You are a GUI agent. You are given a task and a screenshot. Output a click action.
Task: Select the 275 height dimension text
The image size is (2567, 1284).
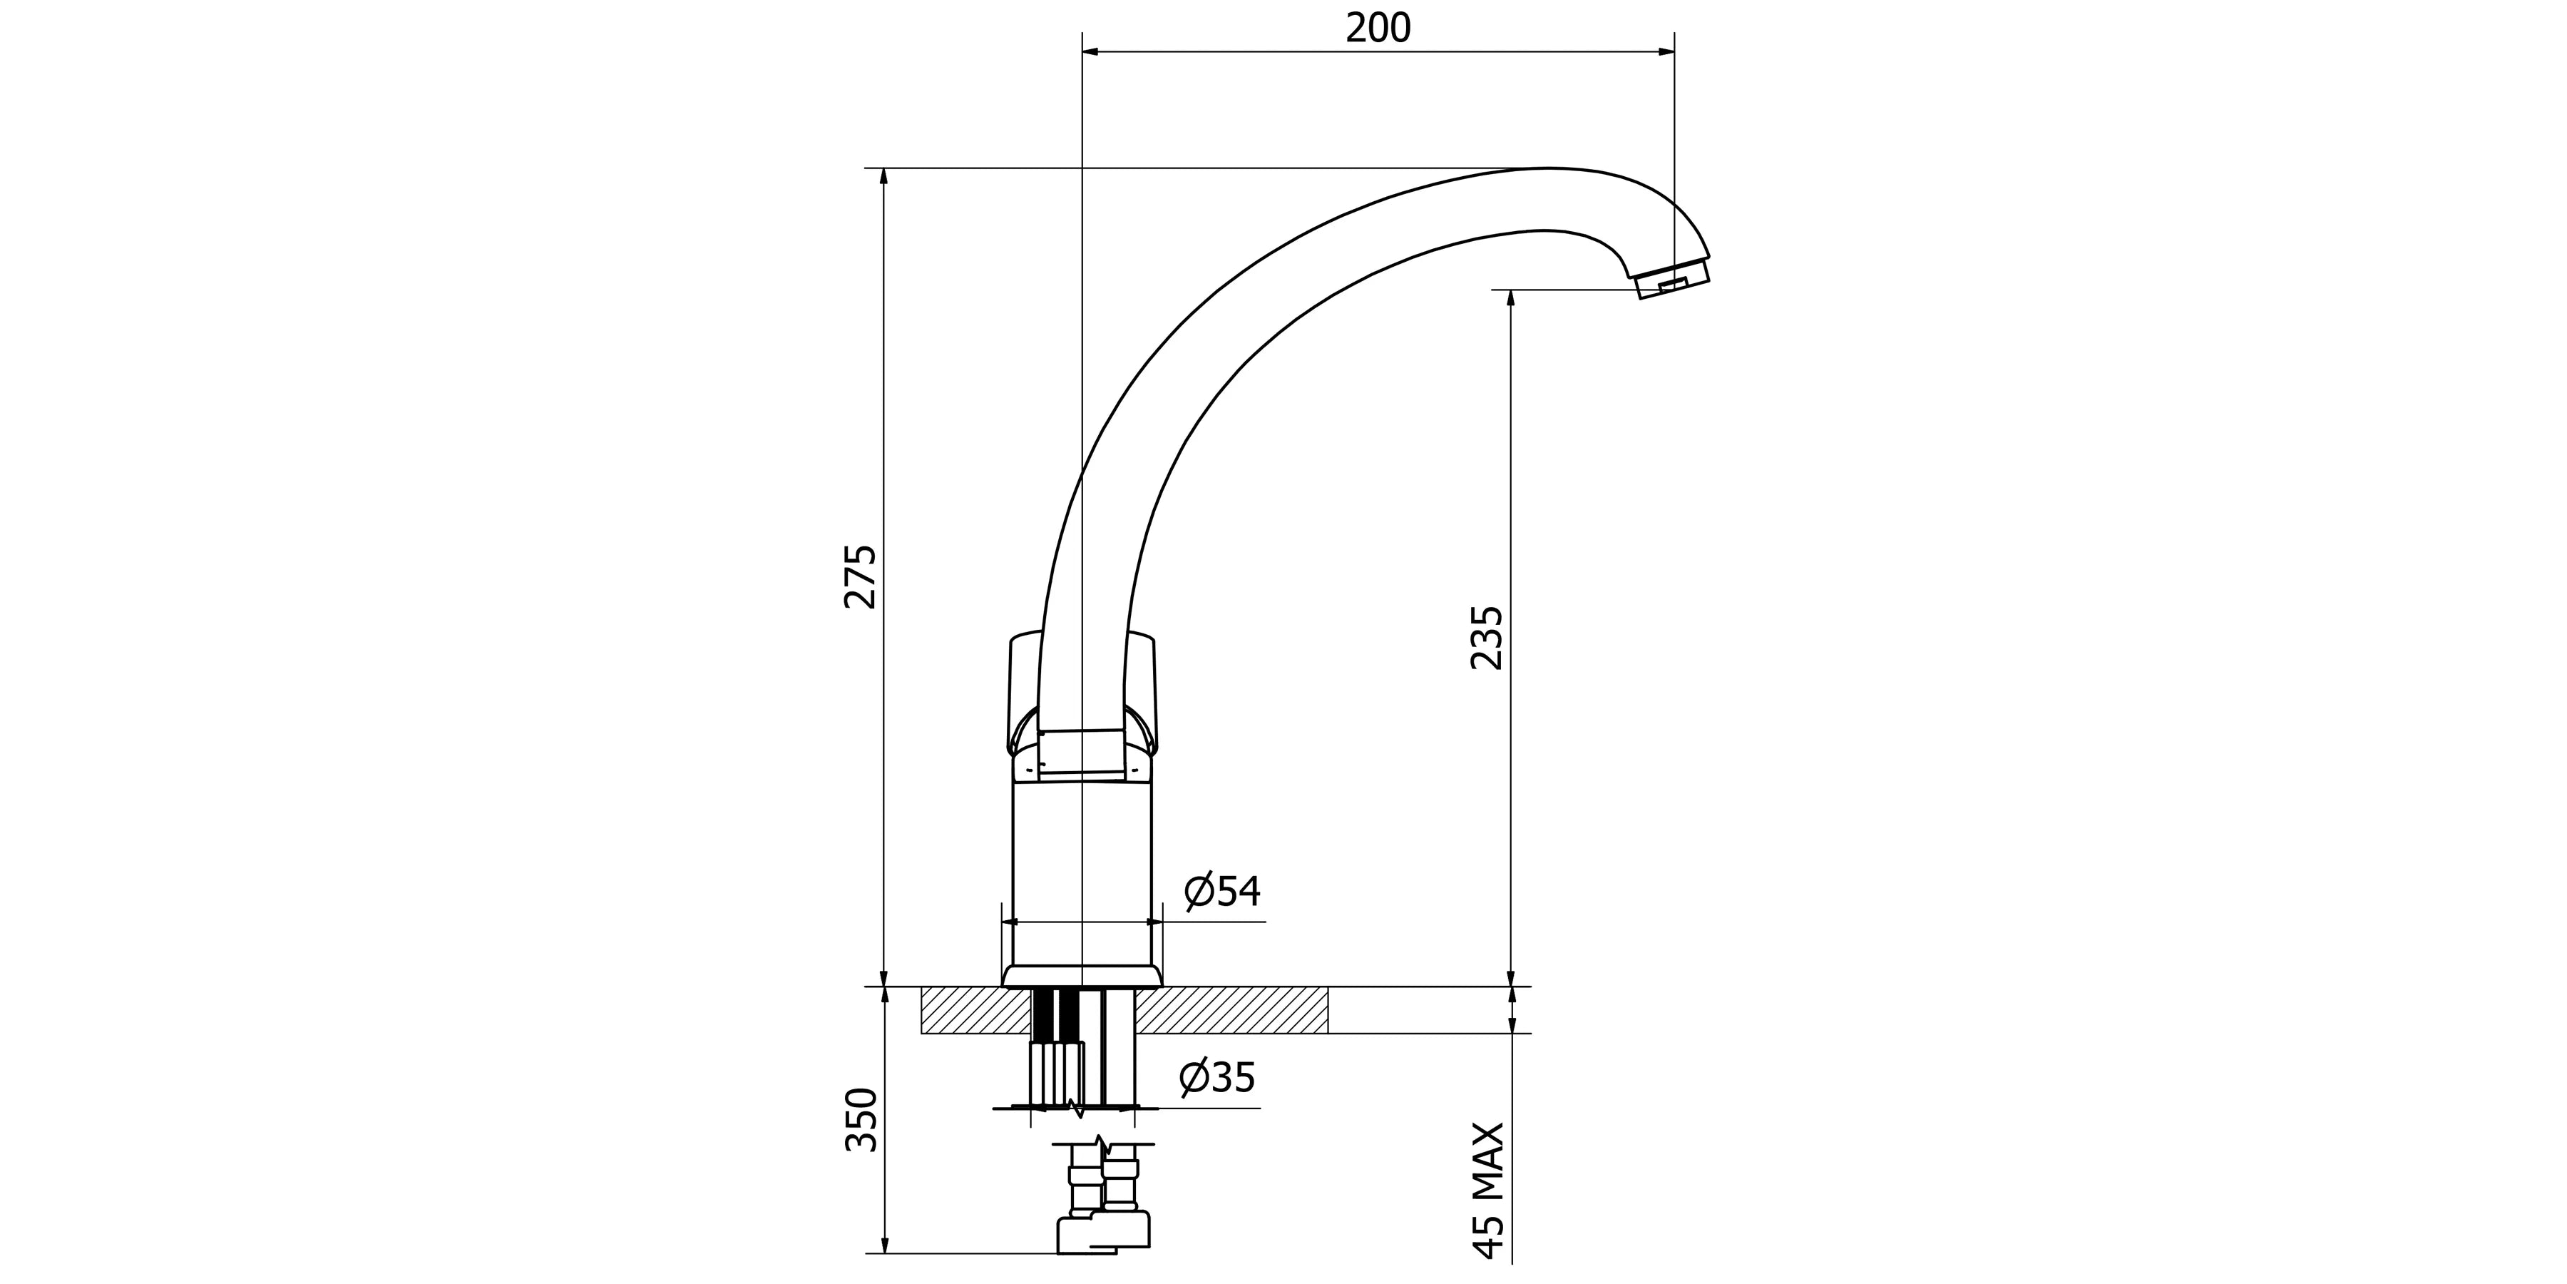[x=860, y=576]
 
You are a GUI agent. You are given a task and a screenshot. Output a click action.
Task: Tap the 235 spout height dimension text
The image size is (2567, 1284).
[x=1486, y=636]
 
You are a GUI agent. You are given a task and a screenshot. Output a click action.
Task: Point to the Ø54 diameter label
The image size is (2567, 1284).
[x=1223, y=890]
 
